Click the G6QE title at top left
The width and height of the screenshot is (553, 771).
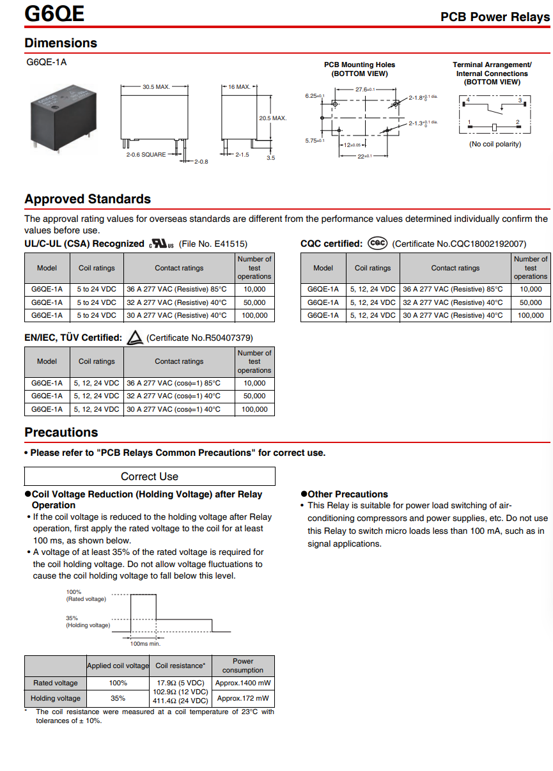(x=54, y=13)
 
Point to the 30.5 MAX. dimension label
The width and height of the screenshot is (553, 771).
(x=156, y=86)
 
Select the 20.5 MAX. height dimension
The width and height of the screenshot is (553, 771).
(x=272, y=118)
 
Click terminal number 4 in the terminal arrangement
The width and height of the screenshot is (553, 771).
(x=469, y=100)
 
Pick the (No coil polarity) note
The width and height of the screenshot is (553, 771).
(x=495, y=144)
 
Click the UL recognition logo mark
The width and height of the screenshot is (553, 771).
(x=161, y=244)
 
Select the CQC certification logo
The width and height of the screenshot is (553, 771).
(x=378, y=244)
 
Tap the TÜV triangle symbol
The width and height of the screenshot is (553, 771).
(x=134, y=338)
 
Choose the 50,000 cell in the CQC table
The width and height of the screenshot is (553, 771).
(x=530, y=302)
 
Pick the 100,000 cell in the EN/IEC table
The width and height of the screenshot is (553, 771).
(x=254, y=409)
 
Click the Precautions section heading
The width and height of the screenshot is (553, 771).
(x=61, y=432)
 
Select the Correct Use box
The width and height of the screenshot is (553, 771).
(x=150, y=476)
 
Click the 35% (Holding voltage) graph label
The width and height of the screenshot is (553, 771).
(x=88, y=621)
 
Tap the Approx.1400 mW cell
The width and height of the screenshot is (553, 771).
(x=243, y=683)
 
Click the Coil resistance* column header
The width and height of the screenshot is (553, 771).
(x=180, y=666)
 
